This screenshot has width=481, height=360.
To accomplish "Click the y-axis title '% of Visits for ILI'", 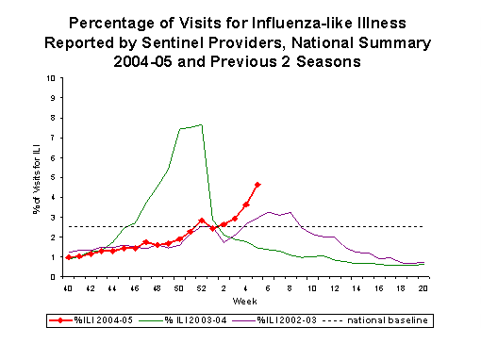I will (x=36, y=177).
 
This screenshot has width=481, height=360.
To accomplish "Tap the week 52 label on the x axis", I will (x=202, y=287).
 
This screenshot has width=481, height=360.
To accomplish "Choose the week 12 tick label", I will (x=313, y=287).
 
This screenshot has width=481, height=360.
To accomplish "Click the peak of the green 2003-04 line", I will (x=201, y=124).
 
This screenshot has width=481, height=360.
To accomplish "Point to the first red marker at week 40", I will (x=68, y=257).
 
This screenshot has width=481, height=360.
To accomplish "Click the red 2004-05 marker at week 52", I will (x=202, y=221).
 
